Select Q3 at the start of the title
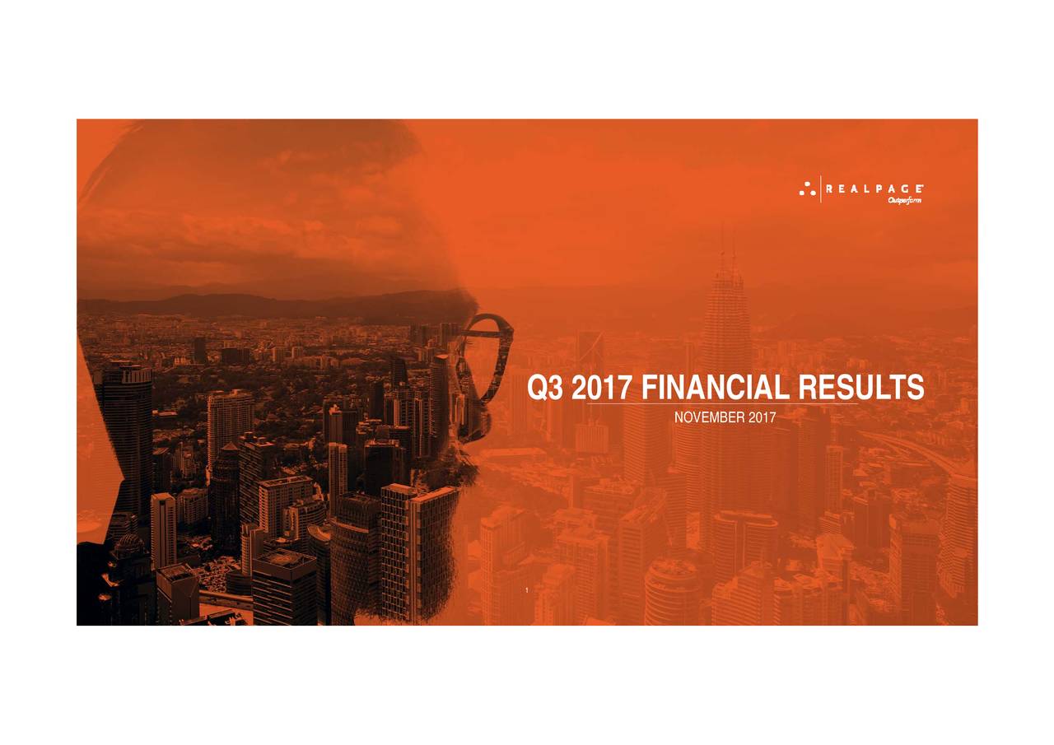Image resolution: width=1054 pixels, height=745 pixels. point(545,389)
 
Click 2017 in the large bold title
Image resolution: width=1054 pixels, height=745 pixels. point(600,389)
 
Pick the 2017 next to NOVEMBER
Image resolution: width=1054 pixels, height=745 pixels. point(763,419)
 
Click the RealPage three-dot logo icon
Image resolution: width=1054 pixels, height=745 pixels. point(807,189)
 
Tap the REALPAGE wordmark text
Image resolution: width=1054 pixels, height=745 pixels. point(874,189)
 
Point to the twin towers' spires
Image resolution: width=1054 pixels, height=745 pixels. point(727,247)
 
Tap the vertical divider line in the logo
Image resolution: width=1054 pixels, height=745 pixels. point(821,189)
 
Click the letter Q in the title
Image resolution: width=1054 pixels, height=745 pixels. point(538,389)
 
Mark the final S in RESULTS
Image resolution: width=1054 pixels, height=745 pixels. point(914,389)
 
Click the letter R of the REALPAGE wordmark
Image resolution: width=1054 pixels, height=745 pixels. point(830,189)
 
